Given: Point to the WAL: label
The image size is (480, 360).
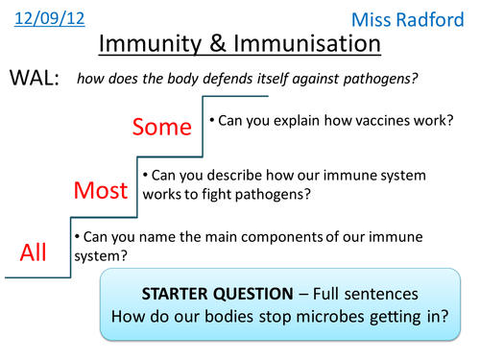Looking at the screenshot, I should click(34, 79).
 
